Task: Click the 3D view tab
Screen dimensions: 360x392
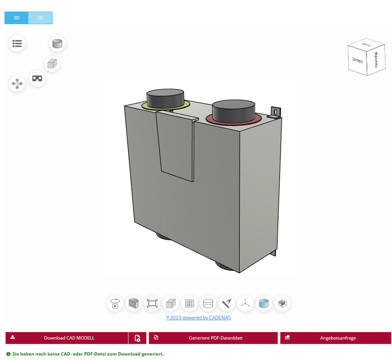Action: [x=17, y=18]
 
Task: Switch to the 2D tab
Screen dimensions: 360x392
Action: [x=40, y=18]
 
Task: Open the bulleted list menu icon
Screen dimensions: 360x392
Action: [x=17, y=44]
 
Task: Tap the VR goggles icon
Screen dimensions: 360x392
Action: [x=37, y=78]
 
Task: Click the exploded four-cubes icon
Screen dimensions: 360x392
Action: [x=17, y=84]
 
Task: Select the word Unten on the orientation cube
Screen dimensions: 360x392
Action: [x=358, y=60]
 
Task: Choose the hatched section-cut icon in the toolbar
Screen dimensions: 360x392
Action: [x=134, y=303]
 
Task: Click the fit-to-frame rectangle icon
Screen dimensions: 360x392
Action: [x=152, y=303]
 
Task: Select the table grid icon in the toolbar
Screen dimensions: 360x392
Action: [x=189, y=303]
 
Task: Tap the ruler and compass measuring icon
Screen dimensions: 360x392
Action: [x=227, y=303]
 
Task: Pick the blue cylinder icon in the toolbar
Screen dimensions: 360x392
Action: [x=264, y=303]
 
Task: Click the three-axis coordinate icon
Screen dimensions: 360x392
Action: [x=245, y=303]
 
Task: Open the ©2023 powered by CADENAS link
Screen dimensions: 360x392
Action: [x=198, y=318]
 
